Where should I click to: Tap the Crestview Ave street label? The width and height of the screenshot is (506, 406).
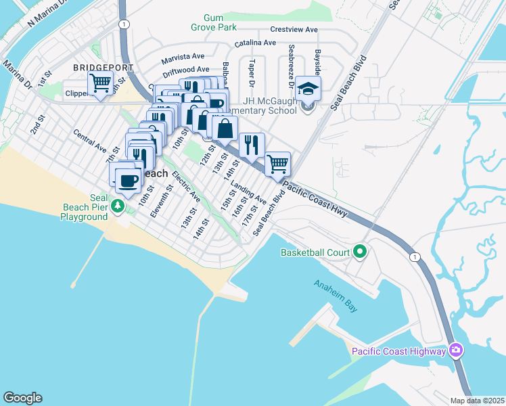coord(294,30)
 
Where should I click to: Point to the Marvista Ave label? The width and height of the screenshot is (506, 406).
coord(183,57)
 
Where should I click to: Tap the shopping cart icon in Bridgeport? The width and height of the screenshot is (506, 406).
coord(100,83)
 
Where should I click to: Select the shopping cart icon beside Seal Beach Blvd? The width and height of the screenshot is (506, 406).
coord(277,163)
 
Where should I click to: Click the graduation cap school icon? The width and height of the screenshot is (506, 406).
coord(308,89)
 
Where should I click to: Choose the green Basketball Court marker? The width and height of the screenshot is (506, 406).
coord(360,252)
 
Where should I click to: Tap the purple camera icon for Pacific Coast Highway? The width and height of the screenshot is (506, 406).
coord(456,351)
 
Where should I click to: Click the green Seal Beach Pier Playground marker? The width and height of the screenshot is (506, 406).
coord(119,205)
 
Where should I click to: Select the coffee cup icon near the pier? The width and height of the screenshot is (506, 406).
coord(128,179)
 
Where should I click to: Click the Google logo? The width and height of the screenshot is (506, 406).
coord(22,397)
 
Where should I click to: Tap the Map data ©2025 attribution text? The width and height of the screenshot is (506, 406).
coord(477,401)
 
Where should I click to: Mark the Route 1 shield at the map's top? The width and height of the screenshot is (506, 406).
coord(123,24)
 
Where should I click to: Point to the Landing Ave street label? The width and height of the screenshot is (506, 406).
coord(248,194)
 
